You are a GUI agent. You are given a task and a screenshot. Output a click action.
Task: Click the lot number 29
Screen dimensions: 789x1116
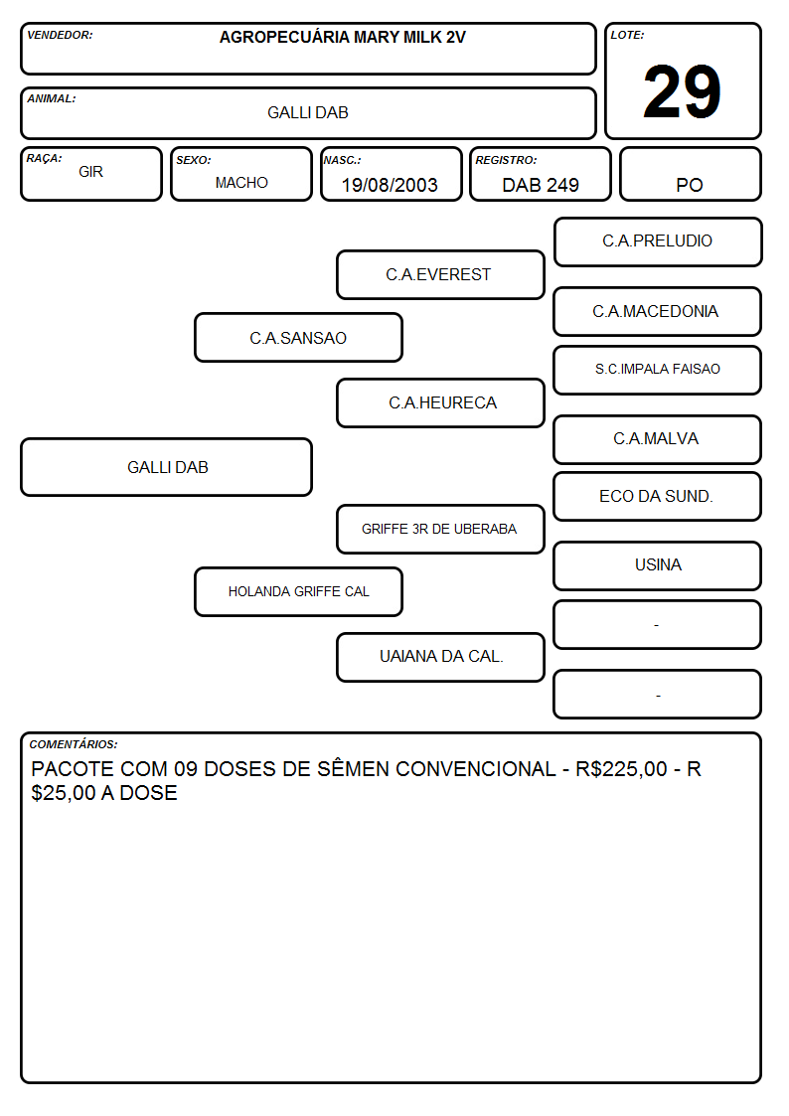[x=682, y=91]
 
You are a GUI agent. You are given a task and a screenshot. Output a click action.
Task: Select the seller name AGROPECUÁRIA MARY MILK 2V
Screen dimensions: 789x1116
[x=342, y=37]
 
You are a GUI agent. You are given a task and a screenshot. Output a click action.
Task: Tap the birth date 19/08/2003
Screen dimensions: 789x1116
[x=390, y=185]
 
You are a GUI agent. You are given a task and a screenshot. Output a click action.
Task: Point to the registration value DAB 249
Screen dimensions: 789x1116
[x=540, y=185]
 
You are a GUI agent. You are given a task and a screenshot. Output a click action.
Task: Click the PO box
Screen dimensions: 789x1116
[x=690, y=174]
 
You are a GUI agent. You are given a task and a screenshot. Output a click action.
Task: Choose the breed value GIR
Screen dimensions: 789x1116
[x=90, y=172]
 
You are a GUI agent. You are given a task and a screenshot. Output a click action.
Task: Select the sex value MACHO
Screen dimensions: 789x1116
[x=241, y=183]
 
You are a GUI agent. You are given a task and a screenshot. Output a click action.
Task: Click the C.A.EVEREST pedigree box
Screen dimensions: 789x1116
[x=440, y=274]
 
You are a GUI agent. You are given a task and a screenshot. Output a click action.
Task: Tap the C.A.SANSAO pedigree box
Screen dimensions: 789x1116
[x=298, y=337]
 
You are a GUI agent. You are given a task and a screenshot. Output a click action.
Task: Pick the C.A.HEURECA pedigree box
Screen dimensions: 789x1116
[x=440, y=402]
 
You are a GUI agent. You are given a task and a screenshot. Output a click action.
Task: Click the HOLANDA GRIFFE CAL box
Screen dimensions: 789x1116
[x=298, y=591]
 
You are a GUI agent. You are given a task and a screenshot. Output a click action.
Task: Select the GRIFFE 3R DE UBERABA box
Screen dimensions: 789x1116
[x=440, y=529]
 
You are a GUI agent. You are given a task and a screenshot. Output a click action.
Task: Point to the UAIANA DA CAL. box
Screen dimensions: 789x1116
[x=440, y=657]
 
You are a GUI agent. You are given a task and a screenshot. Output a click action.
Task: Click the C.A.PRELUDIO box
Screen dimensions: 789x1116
[x=658, y=242]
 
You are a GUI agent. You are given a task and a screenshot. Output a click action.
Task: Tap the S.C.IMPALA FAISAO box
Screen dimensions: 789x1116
[x=658, y=370]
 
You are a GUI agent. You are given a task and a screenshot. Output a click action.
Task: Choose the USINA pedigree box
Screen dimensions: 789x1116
[x=658, y=565]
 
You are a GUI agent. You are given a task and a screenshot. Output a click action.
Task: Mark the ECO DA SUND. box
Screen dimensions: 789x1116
[x=658, y=496]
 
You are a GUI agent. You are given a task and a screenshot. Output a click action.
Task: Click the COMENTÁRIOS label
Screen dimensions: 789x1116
[x=74, y=744]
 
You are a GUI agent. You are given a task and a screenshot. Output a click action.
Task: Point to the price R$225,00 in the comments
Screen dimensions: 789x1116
[x=621, y=768]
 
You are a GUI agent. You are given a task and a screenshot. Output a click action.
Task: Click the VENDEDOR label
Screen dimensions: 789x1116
[x=60, y=35]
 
